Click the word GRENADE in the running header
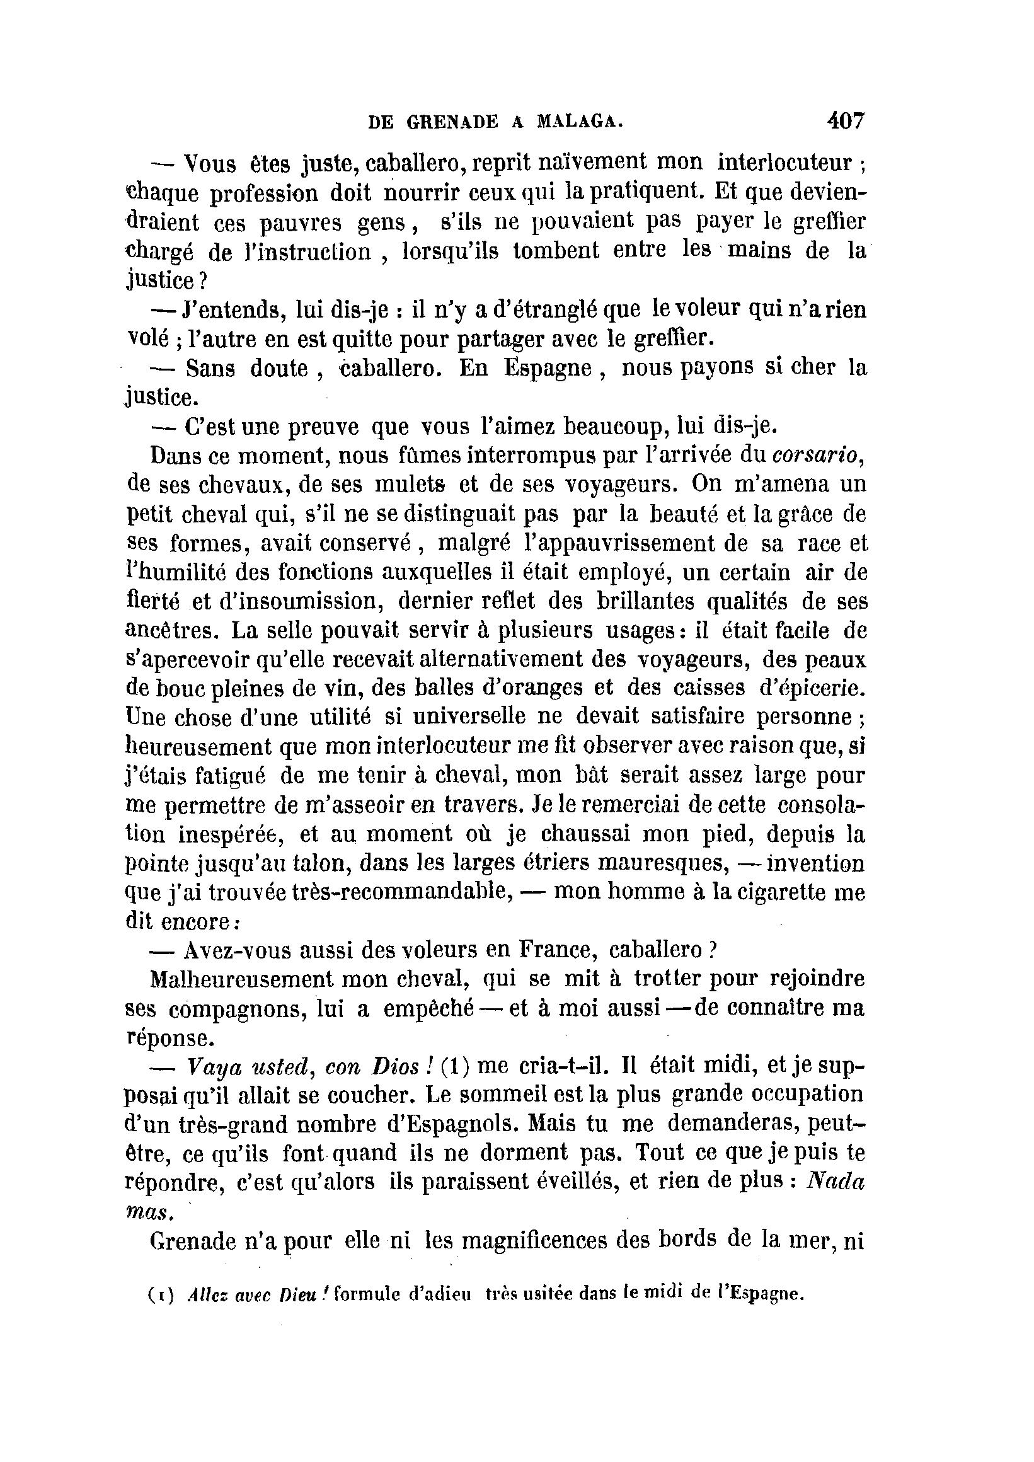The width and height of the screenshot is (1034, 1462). pyautogui.click(x=452, y=122)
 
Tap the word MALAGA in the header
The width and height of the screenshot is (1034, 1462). pyautogui.click(x=576, y=122)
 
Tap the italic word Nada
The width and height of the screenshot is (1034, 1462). pyautogui.click(x=836, y=1182)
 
